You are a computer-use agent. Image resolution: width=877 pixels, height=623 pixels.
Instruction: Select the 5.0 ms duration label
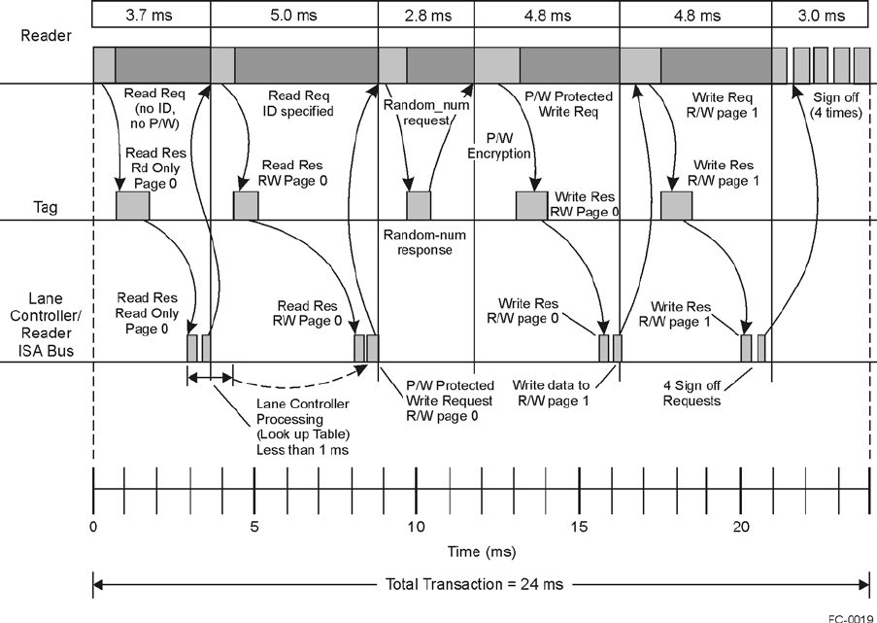[293, 16]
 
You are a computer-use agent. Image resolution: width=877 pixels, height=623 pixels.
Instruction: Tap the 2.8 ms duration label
[425, 16]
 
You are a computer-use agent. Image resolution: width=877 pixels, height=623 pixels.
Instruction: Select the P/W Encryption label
[498, 146]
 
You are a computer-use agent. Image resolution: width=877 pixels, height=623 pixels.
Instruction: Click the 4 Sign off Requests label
[692, 393]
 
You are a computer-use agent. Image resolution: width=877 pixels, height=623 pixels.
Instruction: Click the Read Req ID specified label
[300, 104]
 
